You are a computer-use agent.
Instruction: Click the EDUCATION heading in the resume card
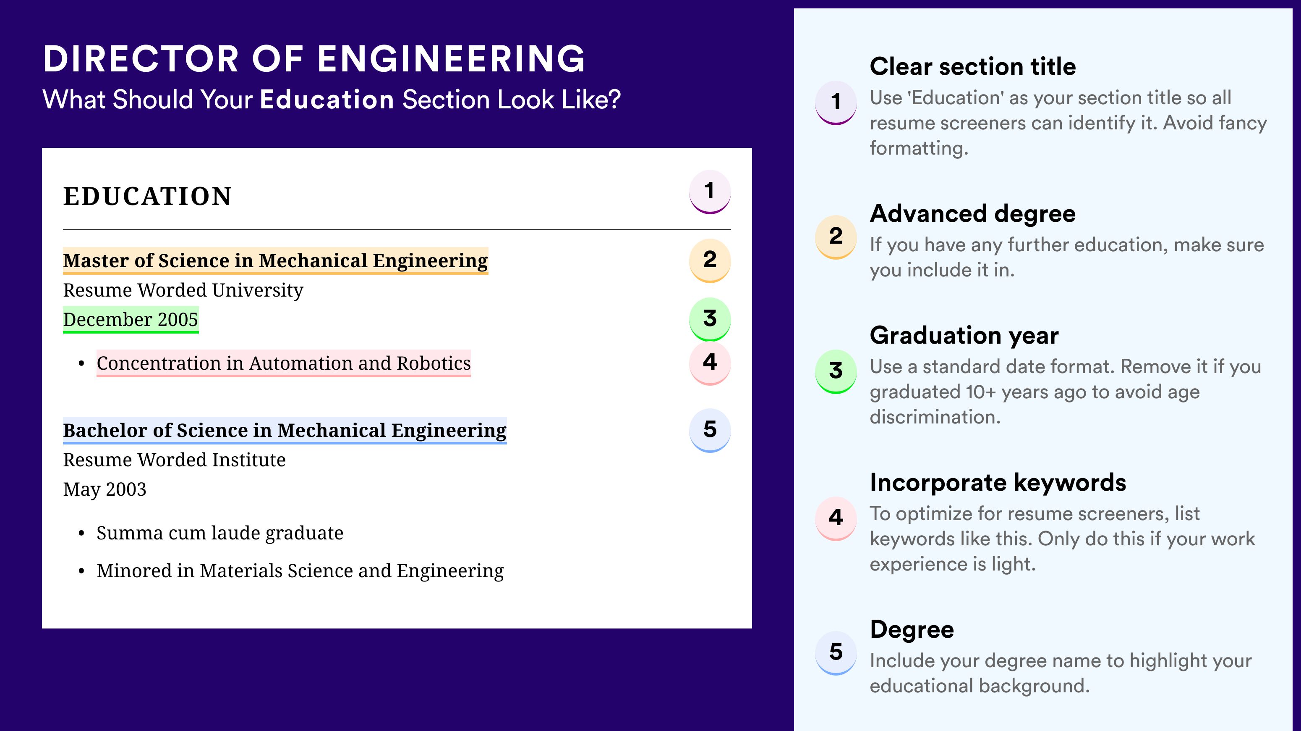[x=147, y=196]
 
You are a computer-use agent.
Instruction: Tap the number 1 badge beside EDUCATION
[x=710, y=192]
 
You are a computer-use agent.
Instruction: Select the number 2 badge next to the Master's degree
[x=710, y=260]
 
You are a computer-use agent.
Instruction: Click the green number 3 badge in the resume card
[x=710, y=319]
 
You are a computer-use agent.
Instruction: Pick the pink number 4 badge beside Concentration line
[x=710, y=363]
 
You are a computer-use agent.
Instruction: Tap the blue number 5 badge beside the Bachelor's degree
[x=710, y=430]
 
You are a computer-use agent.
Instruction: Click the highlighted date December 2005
[x=130, y=319]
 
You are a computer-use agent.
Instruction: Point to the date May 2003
[x=104, y=489]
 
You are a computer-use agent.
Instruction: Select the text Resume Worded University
[x=183, y=290]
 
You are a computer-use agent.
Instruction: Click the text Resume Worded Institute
[x=174, y=460]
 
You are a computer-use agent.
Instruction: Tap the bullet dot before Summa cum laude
[x=81, y=534]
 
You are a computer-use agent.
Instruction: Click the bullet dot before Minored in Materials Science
[x=81, y=572]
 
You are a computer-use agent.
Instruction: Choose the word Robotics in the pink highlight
[x=434, y=363]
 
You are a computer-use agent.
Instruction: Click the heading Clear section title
[x=973, y=66]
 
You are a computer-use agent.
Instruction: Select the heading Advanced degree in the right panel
[x=973, y=213]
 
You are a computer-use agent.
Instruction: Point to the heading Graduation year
[x=964, y=335]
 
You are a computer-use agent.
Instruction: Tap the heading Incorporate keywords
[x=998, y=482]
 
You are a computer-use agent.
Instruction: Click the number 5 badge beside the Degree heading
[x=836, y=652]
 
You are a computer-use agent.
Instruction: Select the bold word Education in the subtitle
[x=327, y=99]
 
